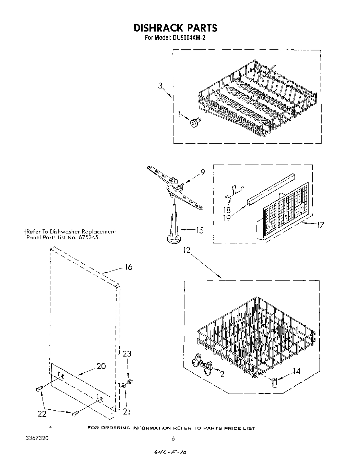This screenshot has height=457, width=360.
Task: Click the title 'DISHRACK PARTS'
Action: pyautogui.click(x=175, y=27)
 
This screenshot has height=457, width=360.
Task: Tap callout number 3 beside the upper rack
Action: pyautogui.click(x=160, y=86)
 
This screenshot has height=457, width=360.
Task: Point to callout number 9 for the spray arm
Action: pyautogui.click(x=203, y=173)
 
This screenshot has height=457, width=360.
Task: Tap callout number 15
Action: pyautogui.click(x=200, y=230)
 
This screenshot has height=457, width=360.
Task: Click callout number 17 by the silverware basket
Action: pyautogui.click(x=320, y=225)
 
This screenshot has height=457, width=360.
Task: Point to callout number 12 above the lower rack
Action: pyautogui.click(x=187, y=250)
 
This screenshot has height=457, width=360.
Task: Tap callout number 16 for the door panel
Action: pyautogui.click(x=128, y=267)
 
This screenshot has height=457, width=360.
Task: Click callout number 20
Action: pyautogui.click(x=101, y=366)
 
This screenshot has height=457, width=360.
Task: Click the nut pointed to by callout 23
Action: pyautogui.click(x=130, y=382)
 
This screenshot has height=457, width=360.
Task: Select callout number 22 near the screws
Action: pyautogui.click(x=42, y=414)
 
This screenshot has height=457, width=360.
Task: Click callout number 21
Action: pyautogui.click(x=127, y=411)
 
